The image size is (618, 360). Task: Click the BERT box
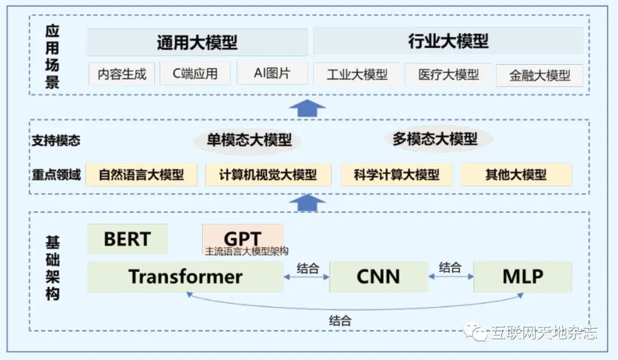127,239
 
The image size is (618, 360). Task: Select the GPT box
243,238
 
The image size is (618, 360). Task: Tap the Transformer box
185,276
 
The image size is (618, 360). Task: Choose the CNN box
378,276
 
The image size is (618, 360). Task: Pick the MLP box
522,276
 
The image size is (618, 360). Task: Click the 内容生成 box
122,74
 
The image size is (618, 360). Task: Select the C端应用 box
195,73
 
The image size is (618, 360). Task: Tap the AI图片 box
271,73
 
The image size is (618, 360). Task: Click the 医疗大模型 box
448,74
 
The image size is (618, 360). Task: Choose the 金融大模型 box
540,76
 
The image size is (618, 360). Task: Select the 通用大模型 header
197,42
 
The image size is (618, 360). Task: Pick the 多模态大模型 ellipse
434,139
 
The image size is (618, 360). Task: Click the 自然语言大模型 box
141,175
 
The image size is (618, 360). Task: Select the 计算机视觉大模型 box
268,175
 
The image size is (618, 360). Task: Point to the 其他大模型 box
516,175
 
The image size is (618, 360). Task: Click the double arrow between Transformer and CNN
307,277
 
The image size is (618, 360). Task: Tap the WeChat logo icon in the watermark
476,332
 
